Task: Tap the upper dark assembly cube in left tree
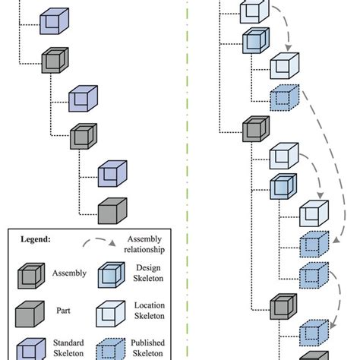[x=52, y=59]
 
